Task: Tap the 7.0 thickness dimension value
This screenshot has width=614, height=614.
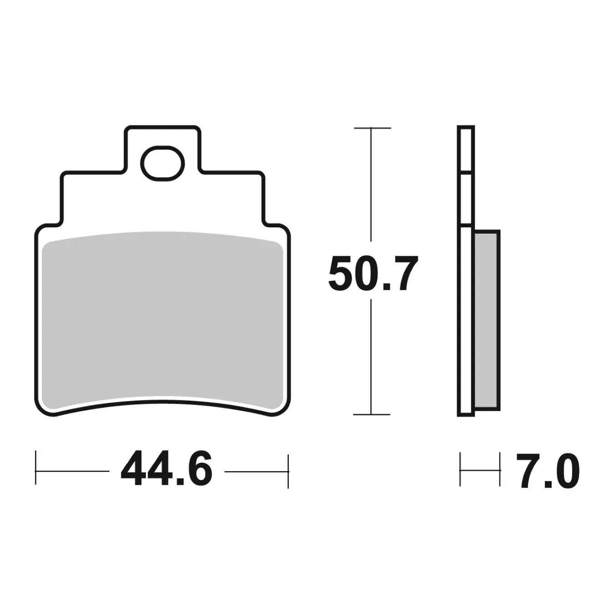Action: (547, 470)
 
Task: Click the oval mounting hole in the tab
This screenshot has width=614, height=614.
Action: (164, 163)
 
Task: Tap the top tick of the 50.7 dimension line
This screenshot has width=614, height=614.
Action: (372, 128)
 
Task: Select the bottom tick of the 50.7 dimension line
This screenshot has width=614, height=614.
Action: (372, 414)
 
